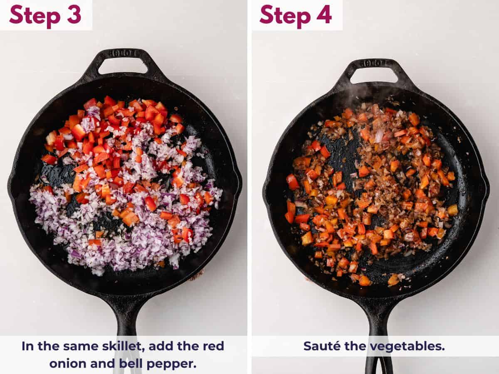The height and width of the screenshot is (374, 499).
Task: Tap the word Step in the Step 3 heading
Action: pos(35,15)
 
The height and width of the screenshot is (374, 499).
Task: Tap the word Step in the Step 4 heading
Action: pos(285,15)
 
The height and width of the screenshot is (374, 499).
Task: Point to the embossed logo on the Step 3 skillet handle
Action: pos(123,53)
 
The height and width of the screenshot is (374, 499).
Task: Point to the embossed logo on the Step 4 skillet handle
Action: pos(374,63)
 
